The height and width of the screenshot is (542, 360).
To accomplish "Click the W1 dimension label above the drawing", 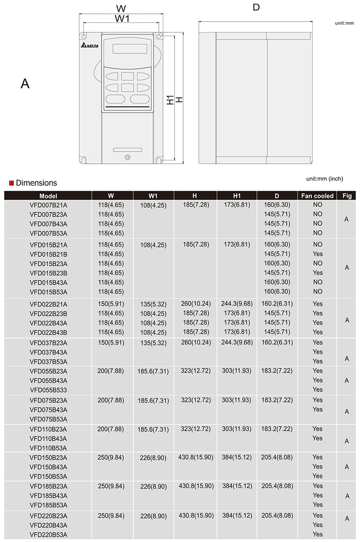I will [122, 18].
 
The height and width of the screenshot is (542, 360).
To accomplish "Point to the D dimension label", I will [256, 8].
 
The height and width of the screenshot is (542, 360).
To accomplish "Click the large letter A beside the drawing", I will [25, 83].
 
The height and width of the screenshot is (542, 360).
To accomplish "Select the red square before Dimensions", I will [11, 183].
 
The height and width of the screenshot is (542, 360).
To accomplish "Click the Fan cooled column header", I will [318, 196].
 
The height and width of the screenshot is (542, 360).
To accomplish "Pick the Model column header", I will [48, 196].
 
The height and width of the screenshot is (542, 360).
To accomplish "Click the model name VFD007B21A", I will [49, 205].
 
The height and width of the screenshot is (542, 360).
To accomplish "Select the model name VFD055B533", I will [49, 390].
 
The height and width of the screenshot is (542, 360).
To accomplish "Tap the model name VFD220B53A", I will [49, 534].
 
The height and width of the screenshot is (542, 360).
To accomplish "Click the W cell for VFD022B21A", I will [111, 304].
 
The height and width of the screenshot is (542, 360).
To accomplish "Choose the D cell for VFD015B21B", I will [277, 254].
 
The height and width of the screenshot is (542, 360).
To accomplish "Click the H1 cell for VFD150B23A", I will [237, 457].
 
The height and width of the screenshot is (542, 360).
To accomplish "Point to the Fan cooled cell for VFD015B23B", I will [318, 273].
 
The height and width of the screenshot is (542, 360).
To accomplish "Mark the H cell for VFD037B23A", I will [194, 343].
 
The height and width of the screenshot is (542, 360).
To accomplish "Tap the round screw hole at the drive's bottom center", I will [127, 157].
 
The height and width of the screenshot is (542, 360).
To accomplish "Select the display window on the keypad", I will [127, 49].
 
